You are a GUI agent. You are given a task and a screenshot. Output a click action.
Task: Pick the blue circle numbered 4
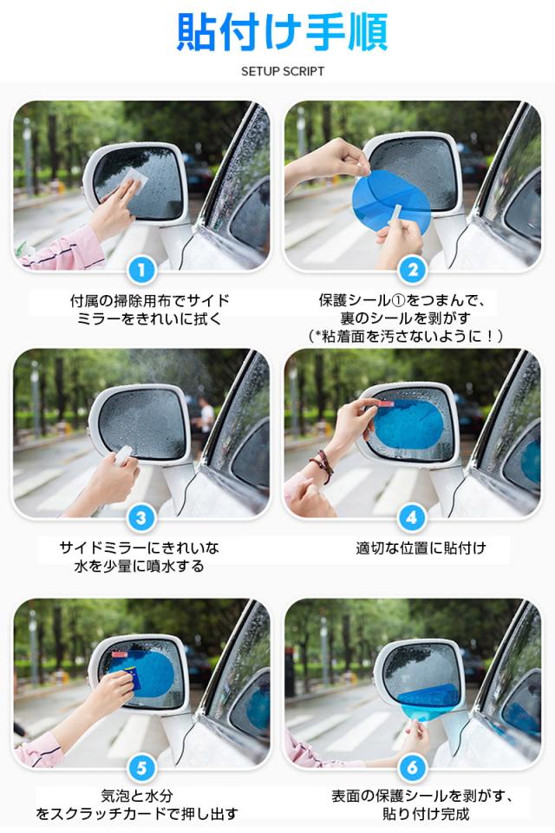tap(413, 518)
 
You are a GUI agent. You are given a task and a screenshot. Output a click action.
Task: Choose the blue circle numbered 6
tap(413, 766)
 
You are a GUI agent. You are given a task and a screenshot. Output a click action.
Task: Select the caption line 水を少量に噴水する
tap(139, 567)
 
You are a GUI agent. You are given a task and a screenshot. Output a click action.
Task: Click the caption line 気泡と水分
tap(139, 795)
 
